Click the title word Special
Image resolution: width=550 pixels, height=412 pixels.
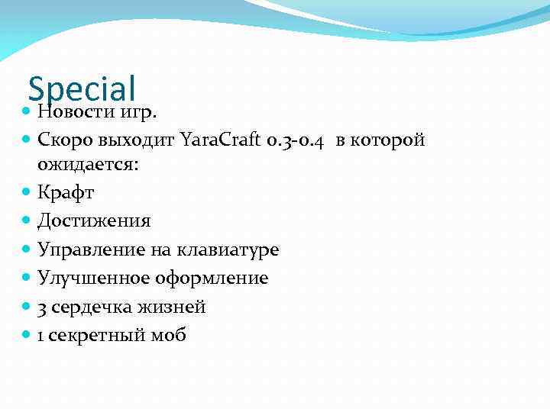coord(82,87)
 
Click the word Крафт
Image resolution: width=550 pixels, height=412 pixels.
coord(66,192)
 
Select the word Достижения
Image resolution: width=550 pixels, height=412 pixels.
coord(94,221)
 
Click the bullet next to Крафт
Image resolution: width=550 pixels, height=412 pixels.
coord(27,192)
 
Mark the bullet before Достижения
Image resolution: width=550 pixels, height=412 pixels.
coord(27,221)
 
